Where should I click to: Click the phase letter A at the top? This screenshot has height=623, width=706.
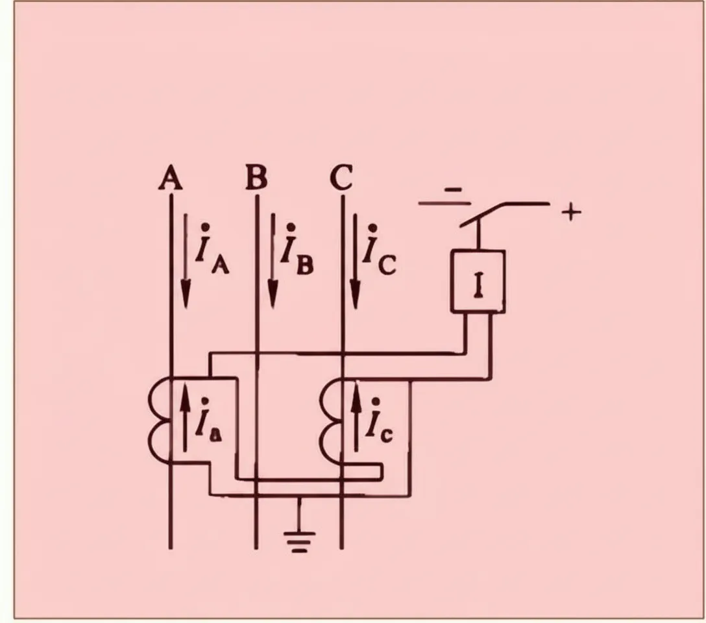click(x=171, y=178)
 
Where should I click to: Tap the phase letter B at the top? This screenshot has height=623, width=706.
click(x=257, y=178)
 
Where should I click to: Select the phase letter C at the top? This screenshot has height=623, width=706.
click(x=341, y=178)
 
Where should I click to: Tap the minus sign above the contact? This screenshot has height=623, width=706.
click(x=453, y=189)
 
